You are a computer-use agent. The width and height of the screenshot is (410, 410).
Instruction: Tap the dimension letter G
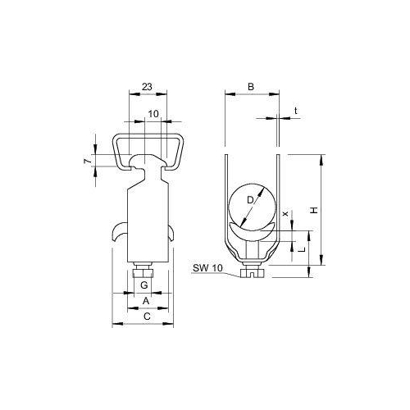point(143,285)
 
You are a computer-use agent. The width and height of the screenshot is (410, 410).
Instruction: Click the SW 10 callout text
point(208,268)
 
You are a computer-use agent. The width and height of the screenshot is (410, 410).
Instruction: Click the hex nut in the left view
point(144,271)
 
